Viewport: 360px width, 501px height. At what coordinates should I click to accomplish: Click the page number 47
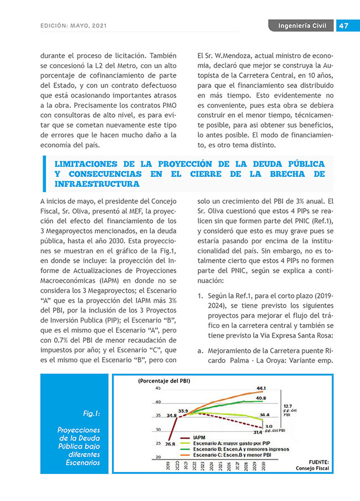[x=343, y=26]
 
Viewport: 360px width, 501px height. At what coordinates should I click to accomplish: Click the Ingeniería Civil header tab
[x=302, y=26]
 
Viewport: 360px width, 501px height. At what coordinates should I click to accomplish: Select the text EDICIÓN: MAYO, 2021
[x=74, y=26]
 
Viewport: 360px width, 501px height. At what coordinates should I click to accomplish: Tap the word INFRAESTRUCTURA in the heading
[x=97, y=183]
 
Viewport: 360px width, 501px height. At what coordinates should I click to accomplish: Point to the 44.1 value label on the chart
[x=261, y=388]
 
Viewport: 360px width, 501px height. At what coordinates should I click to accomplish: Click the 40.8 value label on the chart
[x=261, y=398]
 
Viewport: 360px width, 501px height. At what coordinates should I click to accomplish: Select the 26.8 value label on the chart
[x=170, y=443]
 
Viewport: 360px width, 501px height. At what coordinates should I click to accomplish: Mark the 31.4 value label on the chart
[x=258, y=431]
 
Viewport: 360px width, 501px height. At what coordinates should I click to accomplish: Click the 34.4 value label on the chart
[x=265, y=415]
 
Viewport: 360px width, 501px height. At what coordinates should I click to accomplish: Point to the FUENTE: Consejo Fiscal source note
[x=314, y=464]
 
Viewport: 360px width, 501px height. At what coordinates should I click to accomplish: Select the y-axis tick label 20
[x=158, y=457]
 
